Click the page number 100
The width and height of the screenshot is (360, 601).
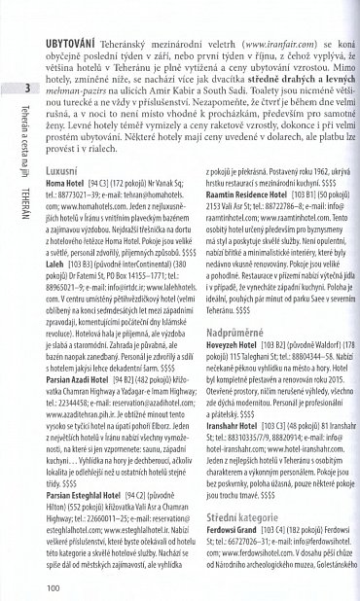click(x=54, y=585)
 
